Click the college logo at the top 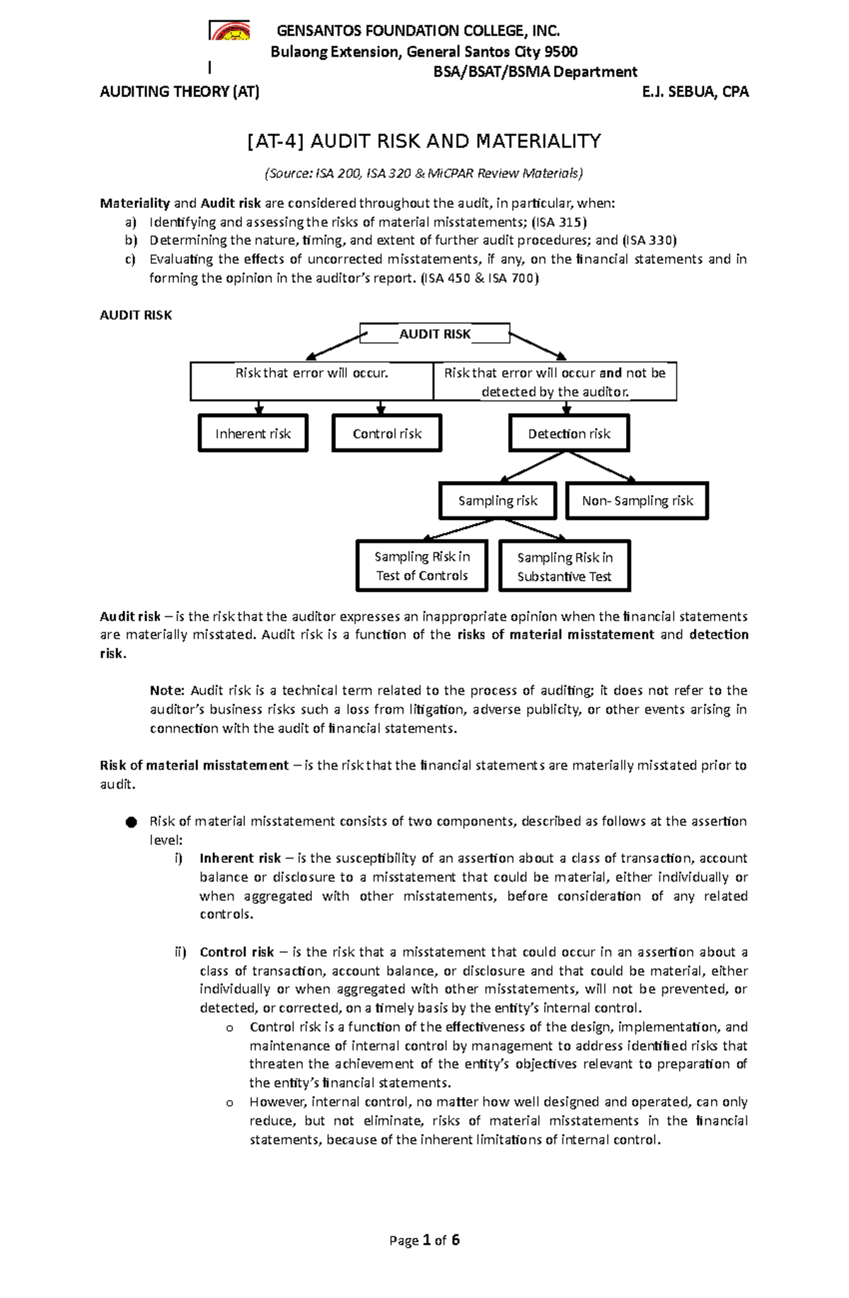[x=229, y=31]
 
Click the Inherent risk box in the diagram [x=253, y=434]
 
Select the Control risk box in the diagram [x=386, y=434]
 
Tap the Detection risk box [x=569, y=434]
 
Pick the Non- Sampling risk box [x=637, y=501]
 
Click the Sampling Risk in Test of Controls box [x=422, y=566]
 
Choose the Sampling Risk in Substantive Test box [x=564, y=567]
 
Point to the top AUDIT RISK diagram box [x=434, y=334]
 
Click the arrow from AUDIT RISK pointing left [x=334, y=347]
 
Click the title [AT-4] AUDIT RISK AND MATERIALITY [x=424, y=141]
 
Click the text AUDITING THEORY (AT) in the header [x=180, y=91]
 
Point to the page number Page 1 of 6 [x=424, y=1240]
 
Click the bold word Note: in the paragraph [x=167, y=690]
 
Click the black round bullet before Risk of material [x=129, y=822]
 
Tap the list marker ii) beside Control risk [x=180, y=952]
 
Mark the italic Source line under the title [x=424, y=173]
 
